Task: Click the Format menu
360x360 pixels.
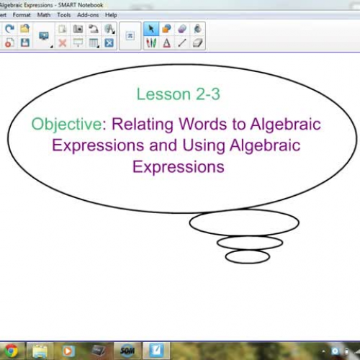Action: point(22,14)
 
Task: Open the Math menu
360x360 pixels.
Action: point(44,14)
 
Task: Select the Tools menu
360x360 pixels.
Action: point(64,14)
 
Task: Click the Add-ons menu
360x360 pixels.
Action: point(88,14)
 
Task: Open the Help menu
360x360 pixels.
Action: point(111,14)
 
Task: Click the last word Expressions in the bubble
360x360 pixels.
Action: point(178,167)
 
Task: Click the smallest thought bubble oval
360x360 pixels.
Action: point(247,256)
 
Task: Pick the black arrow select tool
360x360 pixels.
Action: point(151,29)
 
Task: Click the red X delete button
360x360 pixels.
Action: point(63,43)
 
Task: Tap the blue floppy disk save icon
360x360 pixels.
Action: point(25,43)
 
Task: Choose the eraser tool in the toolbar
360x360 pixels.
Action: point(182,29)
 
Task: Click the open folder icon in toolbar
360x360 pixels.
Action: point(25,29)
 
